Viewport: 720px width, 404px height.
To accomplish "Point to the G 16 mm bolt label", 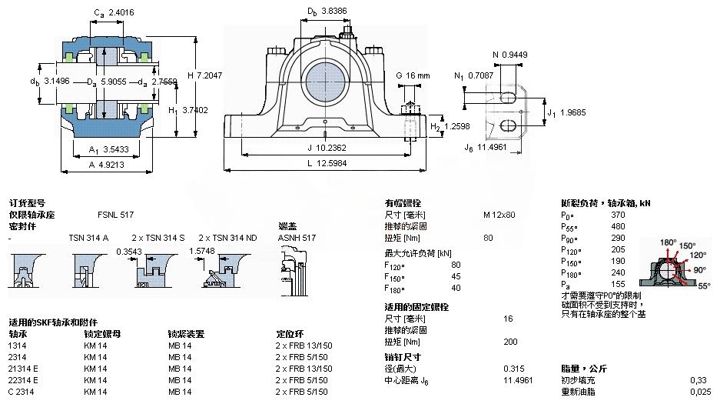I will (413, 75).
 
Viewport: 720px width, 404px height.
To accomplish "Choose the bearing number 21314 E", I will (24, 369).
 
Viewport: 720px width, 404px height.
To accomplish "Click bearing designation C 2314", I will (22, 392).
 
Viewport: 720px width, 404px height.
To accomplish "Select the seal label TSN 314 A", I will (88, 238).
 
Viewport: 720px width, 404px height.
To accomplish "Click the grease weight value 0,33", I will (698, 380).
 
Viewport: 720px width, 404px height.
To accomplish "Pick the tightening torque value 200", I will (509, 342).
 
